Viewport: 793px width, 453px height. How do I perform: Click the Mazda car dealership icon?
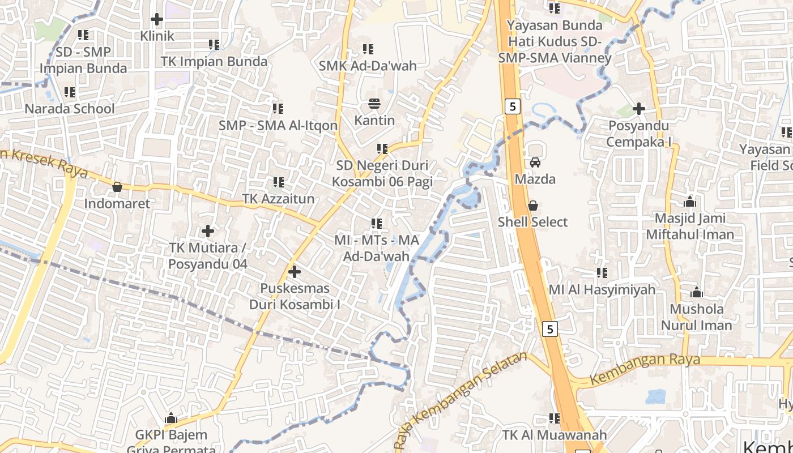point(535,163)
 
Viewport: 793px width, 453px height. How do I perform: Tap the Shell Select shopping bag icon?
point(532,206)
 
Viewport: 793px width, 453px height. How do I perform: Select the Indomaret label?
point(117,203)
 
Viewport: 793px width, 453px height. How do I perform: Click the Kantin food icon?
point(374,104)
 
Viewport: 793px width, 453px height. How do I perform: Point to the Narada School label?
point(70,109)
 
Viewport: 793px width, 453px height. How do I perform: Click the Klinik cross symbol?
point(157,20)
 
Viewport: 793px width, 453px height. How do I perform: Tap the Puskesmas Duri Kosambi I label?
point(295,296)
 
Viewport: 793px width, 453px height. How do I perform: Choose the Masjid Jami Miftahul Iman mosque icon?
point(689,202)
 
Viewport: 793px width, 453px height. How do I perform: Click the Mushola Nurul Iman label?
point(697,317)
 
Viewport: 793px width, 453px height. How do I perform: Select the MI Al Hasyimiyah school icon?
point(602,273)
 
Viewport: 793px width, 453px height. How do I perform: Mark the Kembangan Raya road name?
point(645,368)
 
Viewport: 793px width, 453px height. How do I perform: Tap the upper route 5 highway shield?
point(512,106)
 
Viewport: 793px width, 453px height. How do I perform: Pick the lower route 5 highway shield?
point(549,328)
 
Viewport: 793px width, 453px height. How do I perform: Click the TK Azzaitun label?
point(278,199)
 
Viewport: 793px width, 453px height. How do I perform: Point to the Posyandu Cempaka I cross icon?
point(639,109)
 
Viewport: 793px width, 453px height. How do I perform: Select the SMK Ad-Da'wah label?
point(368,66)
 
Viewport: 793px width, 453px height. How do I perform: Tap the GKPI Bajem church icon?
point(171,419)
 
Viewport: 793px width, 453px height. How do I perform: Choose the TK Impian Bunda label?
point(214,61)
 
